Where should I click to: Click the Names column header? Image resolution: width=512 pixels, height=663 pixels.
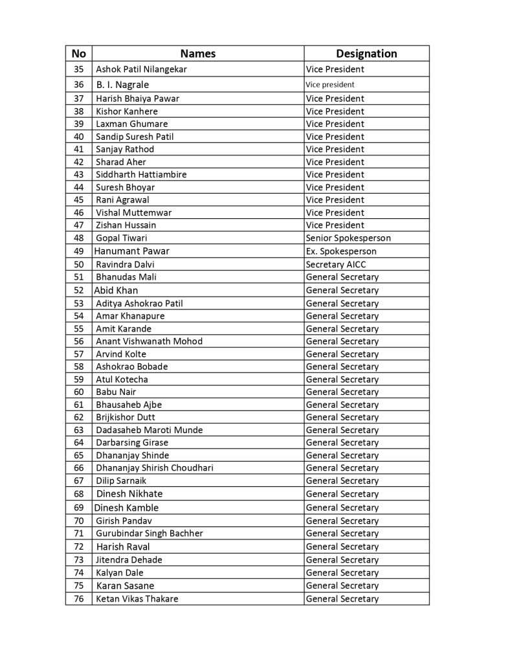pos(197,54)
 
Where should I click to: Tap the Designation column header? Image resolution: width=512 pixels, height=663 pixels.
pos(366,54)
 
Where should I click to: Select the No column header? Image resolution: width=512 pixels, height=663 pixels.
pos(78,54)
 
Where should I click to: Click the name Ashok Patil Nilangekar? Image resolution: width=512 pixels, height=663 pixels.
pos(141,69)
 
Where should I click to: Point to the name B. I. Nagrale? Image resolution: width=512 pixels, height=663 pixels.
pos(122,85)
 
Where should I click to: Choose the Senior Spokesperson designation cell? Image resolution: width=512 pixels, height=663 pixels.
pos(348,238)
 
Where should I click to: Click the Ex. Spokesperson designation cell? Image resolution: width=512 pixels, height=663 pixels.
pos(341,251)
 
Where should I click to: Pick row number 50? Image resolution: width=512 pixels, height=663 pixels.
pos(78,264)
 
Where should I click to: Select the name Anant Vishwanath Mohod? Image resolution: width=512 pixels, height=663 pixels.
pos(149,341)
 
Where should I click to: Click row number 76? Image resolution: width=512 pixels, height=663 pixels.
pos(78,599)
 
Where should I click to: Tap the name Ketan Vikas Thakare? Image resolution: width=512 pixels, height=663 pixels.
pos(137,599)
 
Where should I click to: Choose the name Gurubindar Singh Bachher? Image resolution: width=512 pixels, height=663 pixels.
pos(149,534)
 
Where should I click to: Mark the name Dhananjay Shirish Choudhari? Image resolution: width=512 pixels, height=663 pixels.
pos(154,468)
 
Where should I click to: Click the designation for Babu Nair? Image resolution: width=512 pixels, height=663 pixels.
pos(342,392)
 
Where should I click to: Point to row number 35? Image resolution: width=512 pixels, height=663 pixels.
pos(78,69)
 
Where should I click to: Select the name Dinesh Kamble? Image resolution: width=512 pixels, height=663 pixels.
pos(126,508)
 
